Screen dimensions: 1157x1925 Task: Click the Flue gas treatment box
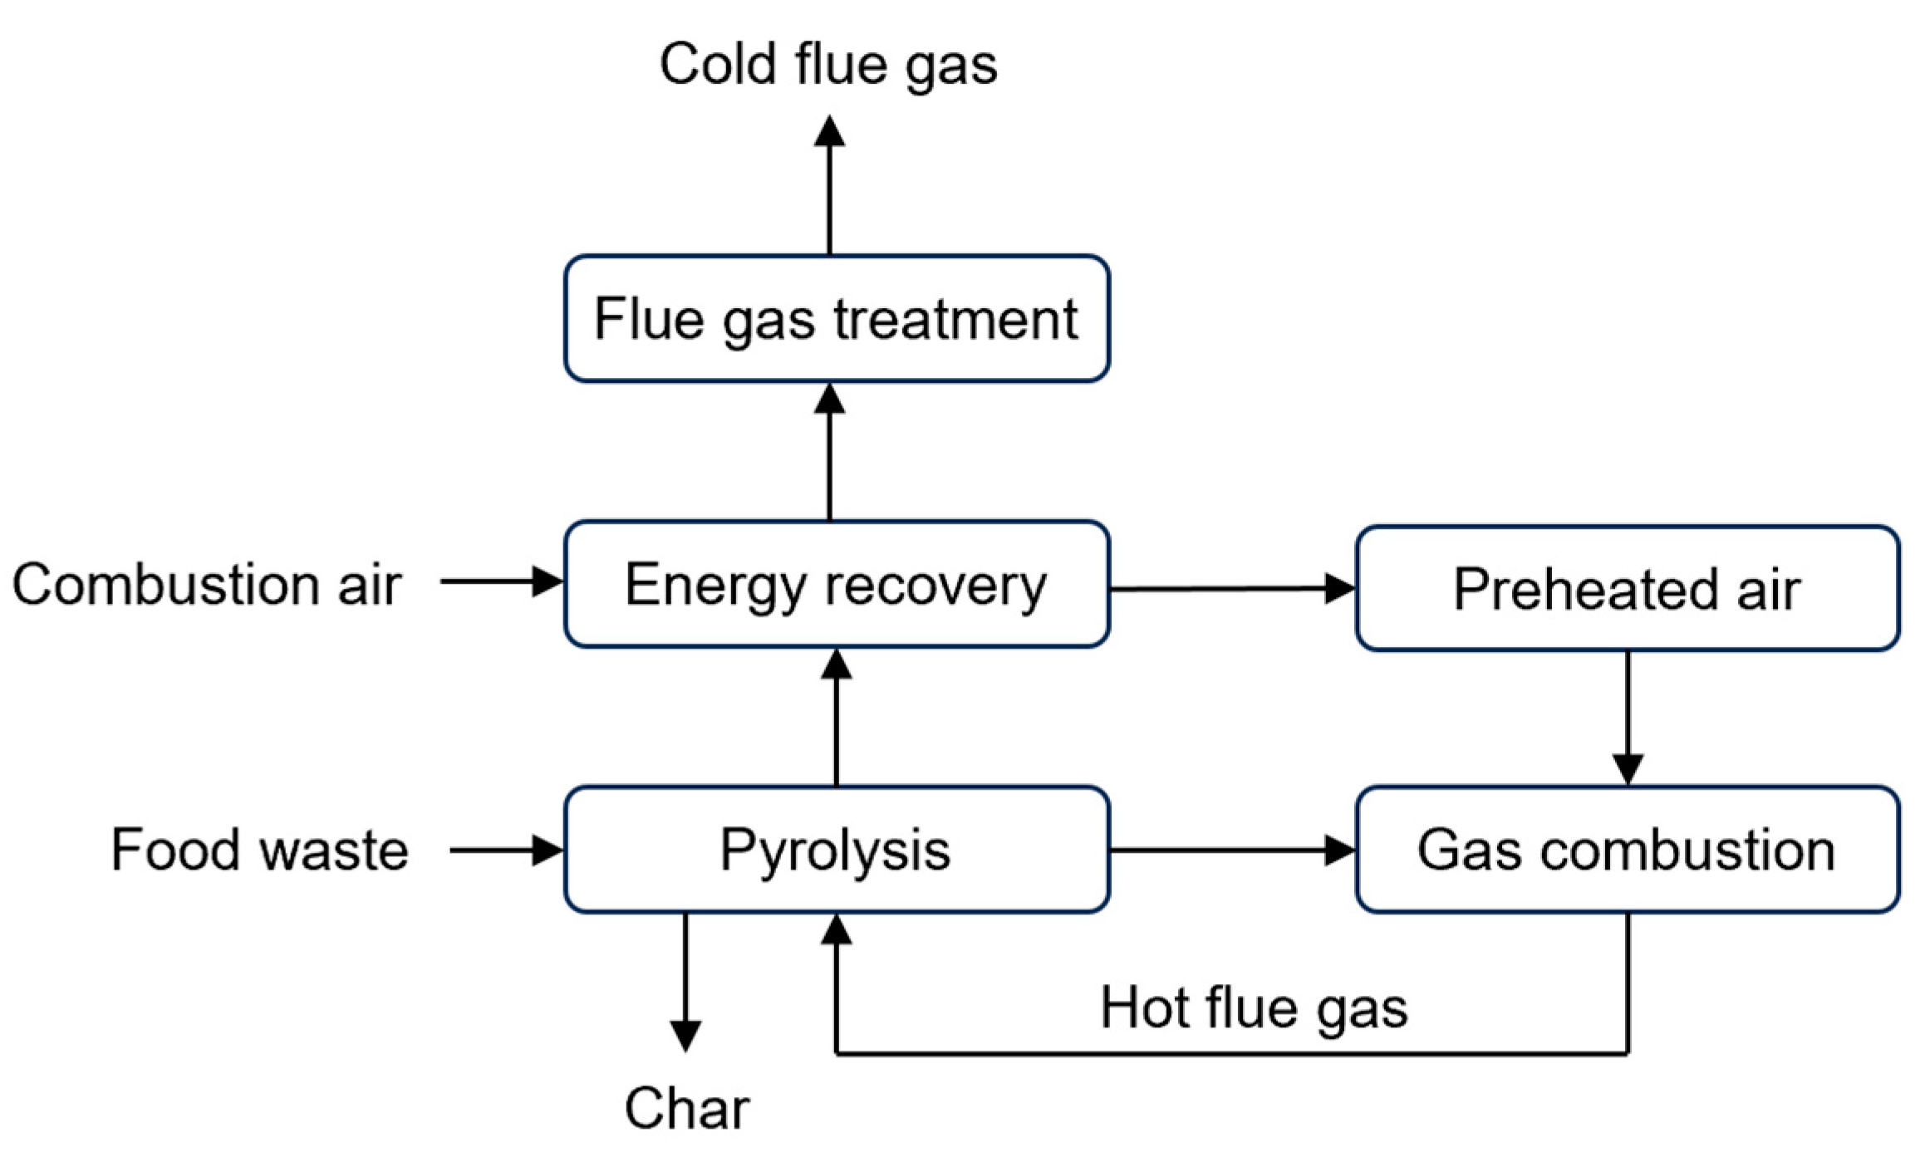tap(836, 319)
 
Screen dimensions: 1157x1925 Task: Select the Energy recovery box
tap(836, 585)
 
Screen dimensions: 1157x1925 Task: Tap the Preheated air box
tap(1627, 588)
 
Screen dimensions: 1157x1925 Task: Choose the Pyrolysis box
tap(836, 850)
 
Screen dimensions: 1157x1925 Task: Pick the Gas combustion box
tap(1627, 850)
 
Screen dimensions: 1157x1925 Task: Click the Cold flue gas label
tap(828, 65)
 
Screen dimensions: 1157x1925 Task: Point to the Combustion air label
tap(207, 585)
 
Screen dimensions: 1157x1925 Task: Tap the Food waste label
tap(259, 850)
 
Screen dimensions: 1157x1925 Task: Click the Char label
tap(686, 1108)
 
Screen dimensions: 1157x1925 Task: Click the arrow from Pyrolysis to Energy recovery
tap(836, 718)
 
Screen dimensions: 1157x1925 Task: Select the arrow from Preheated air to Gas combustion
tap(1627, 718)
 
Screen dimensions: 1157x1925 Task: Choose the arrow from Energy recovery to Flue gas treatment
tap(829, 453)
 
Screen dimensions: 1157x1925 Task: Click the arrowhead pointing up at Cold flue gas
tap(829, 131)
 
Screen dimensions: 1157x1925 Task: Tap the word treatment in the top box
tap(955, 319)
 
